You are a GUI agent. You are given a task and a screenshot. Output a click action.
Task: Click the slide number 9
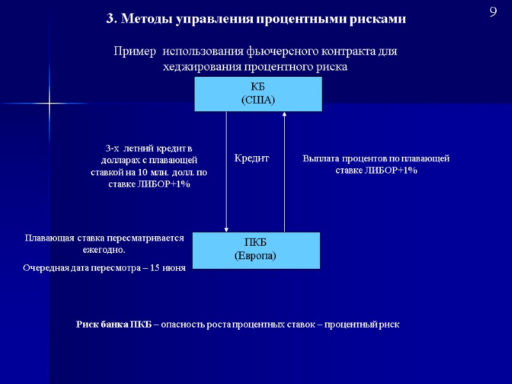click(x=493, y=12)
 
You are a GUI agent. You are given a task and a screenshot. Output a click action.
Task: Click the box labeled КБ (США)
click(x=258, y=93)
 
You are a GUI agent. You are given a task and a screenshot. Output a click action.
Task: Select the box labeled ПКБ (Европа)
click(x=255, y=250)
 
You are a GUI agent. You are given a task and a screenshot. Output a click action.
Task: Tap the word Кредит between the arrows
click(x=252, y=157)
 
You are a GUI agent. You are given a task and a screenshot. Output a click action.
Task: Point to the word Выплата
click(x=320, y=158)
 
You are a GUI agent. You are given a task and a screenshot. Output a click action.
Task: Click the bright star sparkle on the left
click(x=49, y=103)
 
